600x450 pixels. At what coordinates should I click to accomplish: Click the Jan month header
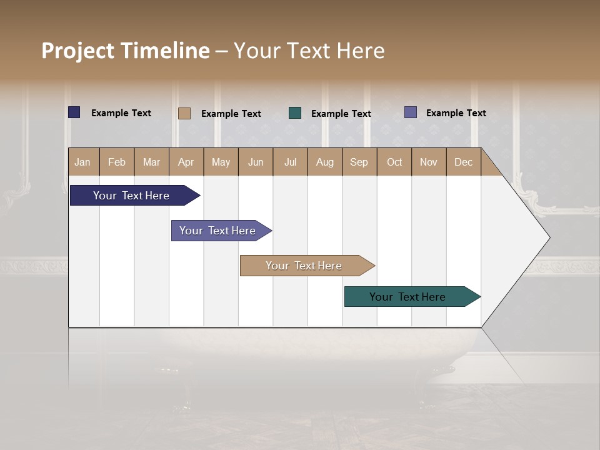[83, 162]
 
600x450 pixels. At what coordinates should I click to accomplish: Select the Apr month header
[186, 162]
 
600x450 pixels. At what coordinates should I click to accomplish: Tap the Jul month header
[290, 162]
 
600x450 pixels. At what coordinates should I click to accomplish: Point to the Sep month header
[359, 162]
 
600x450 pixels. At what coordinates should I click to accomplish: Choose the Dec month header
[463, 162]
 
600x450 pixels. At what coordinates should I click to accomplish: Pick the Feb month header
[117, 162]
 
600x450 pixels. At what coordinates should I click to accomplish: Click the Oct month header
[394, 162]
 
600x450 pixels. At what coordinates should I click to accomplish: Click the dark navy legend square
[74, 112]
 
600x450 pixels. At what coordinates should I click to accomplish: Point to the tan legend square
[184, 113]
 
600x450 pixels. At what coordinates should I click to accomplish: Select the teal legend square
[295, 113]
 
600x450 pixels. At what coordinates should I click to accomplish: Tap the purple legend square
[411, 112]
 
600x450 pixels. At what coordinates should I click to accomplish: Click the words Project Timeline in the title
[126, 51]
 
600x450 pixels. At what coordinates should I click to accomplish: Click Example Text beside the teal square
[341, 114]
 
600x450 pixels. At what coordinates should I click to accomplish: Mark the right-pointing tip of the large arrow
[549, 237]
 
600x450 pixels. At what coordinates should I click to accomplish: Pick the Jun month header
[256, 162]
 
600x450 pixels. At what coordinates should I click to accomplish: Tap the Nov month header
[429, 162]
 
